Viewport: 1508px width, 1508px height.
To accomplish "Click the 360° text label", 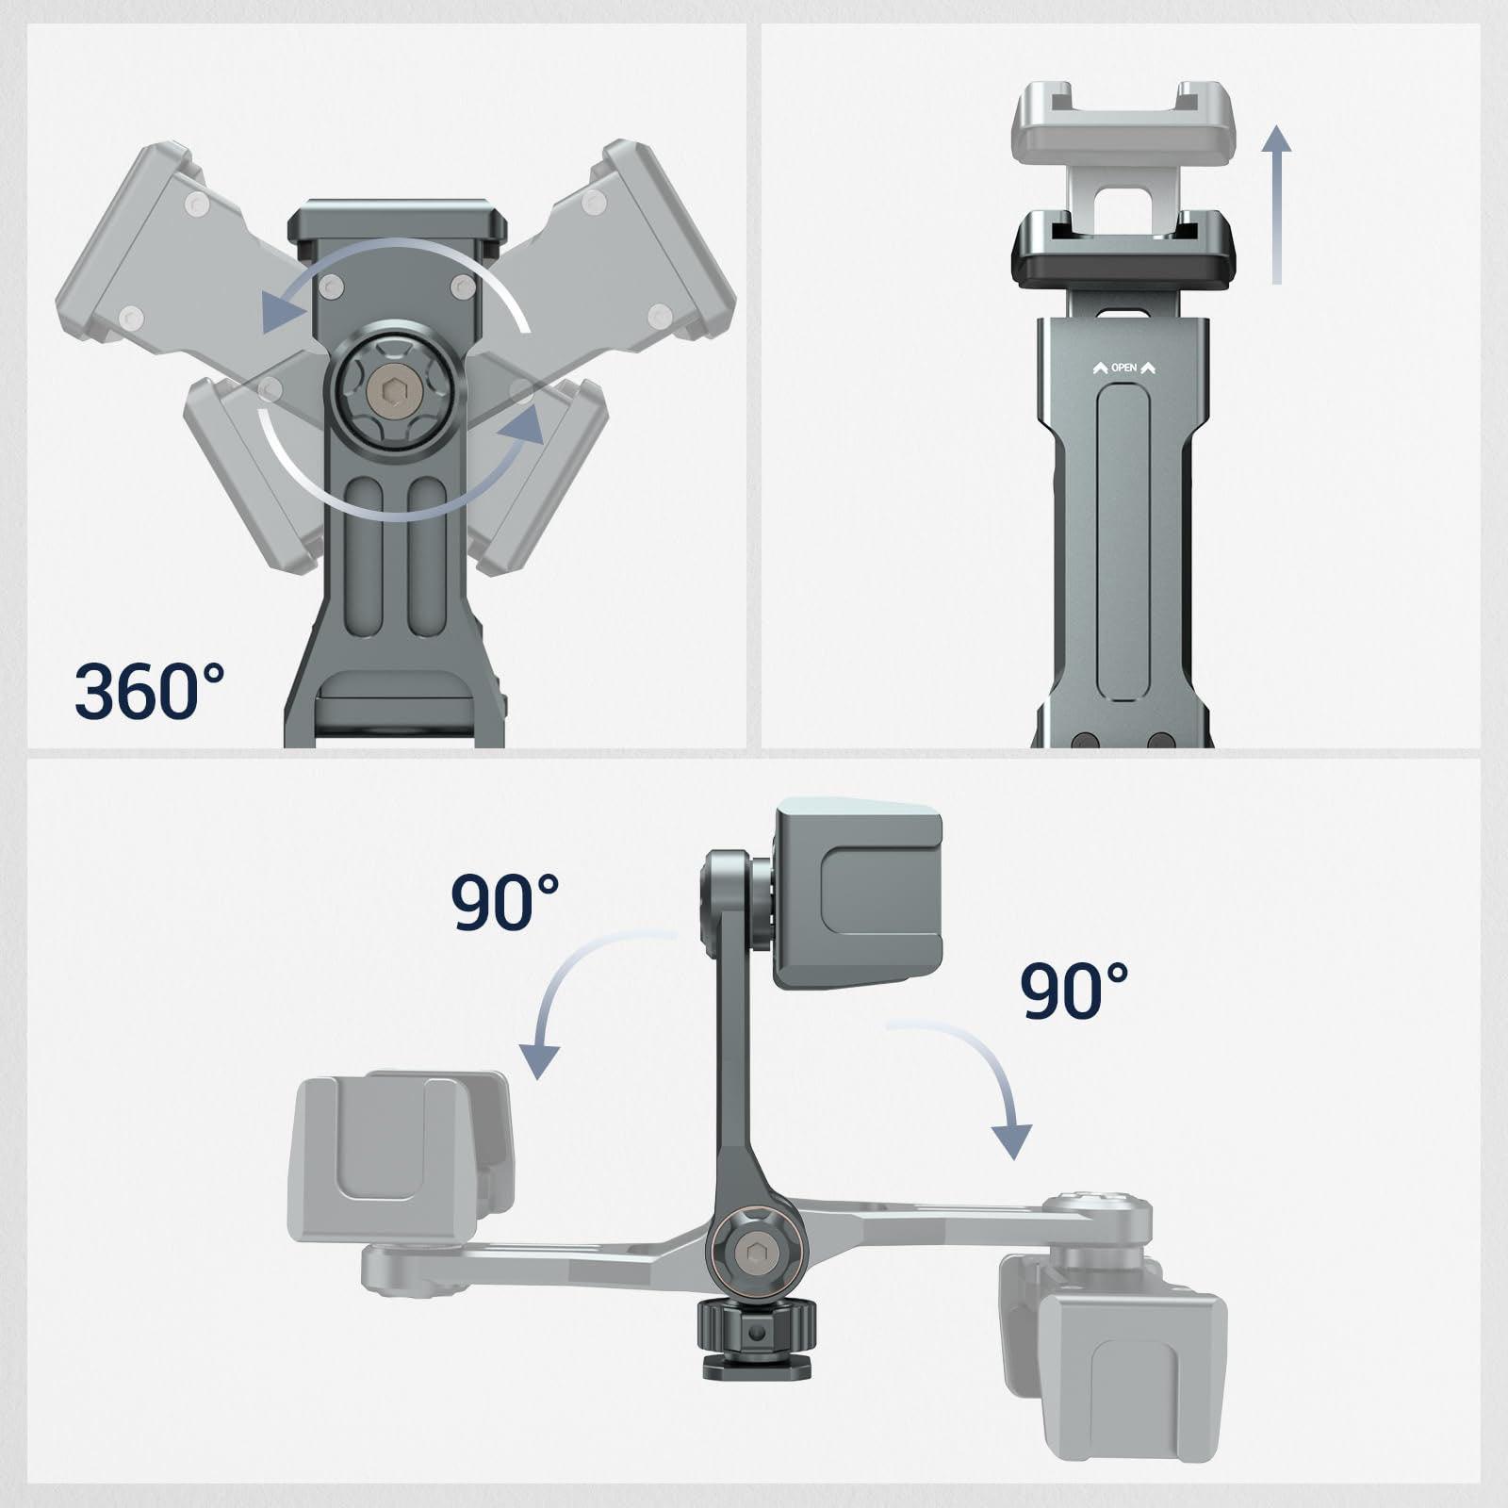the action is (x=150, y=690).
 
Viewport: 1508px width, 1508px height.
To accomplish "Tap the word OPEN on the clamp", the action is (x=1124, y=368).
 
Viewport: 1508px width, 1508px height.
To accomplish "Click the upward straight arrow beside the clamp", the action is (x=1277, y=205).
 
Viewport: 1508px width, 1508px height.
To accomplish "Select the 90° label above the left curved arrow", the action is (x=505, y=902).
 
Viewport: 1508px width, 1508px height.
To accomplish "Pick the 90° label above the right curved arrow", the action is (x=1075, y=991).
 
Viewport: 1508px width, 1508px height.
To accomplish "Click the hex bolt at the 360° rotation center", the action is (x=389, y=391).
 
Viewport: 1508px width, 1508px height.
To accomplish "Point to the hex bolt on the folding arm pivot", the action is (x=751, y=1253).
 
